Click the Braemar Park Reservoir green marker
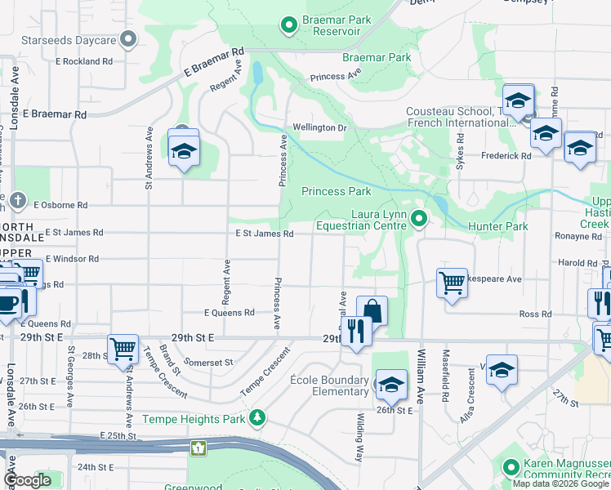288,26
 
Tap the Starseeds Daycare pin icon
127,39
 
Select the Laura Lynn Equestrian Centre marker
419,218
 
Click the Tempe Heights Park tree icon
258,419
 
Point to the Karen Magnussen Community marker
511,468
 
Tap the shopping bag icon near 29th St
372,311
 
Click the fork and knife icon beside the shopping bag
355,331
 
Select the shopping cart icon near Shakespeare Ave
452,283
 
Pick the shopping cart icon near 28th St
123,350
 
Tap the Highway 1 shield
198,448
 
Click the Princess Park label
337,192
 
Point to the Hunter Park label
498,226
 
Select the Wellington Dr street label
320,127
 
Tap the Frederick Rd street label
506,155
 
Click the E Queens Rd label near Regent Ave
230,313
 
